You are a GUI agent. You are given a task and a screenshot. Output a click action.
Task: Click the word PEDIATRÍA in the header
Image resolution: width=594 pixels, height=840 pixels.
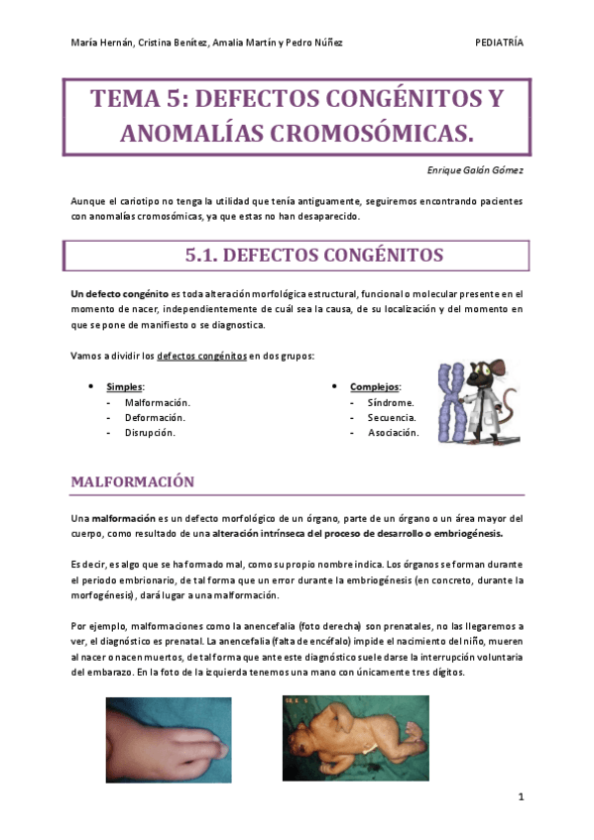pyautogui.click(x=500, y=43)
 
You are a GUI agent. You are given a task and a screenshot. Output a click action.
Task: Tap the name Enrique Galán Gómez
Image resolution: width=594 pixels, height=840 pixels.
pyautogui.click(x=469, y=170)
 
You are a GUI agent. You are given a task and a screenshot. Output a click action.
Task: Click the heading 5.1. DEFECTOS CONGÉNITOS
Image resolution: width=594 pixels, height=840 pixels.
pyautogui.click(x=313, y=256)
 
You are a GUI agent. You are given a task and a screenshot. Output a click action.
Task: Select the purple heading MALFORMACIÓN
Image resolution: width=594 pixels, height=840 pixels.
pyautogui.click(x=132, y=481)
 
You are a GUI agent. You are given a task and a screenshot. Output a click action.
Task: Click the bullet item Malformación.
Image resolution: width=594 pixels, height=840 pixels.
pyautogui.click(x=157, y=403)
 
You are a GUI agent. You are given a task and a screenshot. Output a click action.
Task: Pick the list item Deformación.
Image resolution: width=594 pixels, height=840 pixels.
pyautogui.click(x=155, y=418)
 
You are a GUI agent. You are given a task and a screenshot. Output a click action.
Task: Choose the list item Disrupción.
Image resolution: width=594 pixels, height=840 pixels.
pyautogui.click(x=150, y=433)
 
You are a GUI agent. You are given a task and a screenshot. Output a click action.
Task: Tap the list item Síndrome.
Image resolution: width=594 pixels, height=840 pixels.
pyautogui.click(x=391, y=403)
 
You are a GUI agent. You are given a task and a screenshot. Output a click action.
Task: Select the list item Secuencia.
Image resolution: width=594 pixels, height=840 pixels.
pyautogui.click(x=392, y=418)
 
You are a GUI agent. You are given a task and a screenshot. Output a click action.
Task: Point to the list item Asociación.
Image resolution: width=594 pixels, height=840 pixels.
pyautogui.click(x=394, y=433)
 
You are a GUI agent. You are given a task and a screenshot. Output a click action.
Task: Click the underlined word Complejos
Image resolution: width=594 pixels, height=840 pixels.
pyautogui.click(x=378, y=386)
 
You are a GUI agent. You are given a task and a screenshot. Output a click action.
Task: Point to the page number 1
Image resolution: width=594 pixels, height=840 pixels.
pyautogui.click(x=520, y=796)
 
